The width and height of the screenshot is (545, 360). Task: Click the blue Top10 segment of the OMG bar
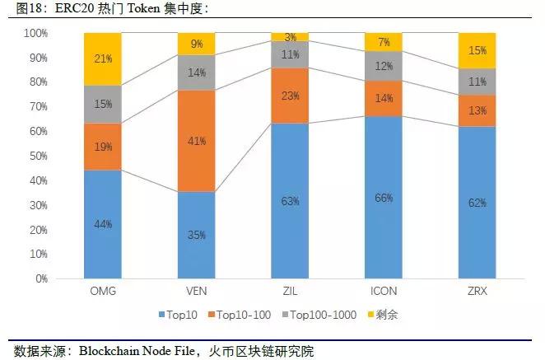coord(102,224)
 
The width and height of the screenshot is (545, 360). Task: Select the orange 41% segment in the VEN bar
coord(197,141)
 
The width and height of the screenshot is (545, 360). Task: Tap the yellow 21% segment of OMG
coord(102,59)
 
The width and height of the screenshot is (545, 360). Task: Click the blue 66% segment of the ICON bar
coord(385,198)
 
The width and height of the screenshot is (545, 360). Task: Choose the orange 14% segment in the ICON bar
coord(385,98)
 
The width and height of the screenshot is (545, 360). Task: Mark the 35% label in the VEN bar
coord(197,235)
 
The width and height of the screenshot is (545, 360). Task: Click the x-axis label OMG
coord(102,291)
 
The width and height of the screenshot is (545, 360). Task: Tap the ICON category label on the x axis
coord(385,291)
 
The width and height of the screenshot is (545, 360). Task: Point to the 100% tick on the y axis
coord(37,34)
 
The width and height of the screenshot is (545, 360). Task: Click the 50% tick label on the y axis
coord(40,157)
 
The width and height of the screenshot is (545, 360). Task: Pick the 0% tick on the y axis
coord(42,278)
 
